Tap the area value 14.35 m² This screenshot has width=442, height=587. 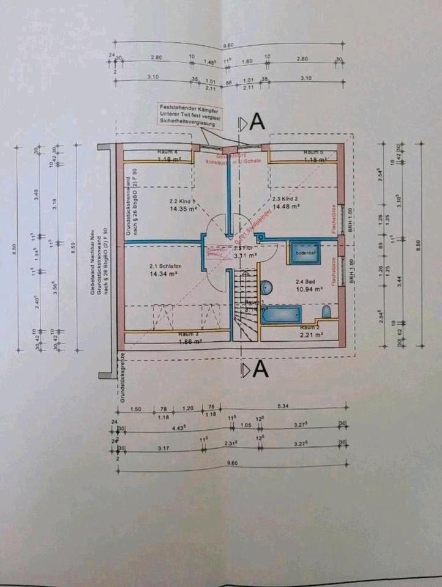tap(181, 207)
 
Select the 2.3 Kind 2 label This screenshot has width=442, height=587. tap(286, 199)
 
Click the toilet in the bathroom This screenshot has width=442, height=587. tap(326, 312)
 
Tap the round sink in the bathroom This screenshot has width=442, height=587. tap(267, 287)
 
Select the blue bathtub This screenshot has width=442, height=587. tap(280, 315)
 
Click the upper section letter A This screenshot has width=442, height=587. tap(257, 122)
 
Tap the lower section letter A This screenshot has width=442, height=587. tap(260, 369)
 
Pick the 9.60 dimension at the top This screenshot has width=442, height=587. tap(228, 45)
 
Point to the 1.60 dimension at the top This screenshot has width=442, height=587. tap(247, 61)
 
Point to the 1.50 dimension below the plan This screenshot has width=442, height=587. tap(136, 407)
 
